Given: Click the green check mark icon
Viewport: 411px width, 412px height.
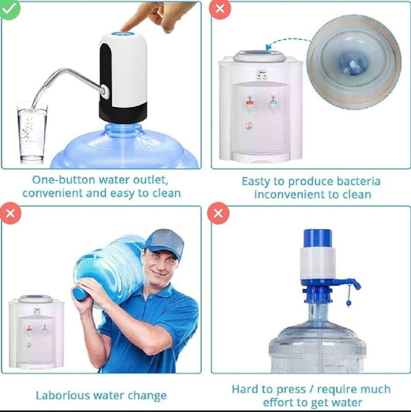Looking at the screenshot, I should (x=10, y=9).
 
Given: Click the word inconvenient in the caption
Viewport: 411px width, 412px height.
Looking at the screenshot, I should (x=289, y=194).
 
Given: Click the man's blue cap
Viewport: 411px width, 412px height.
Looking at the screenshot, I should (x=163, y=242).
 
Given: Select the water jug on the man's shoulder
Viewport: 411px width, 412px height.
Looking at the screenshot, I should (x=108, y=266).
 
